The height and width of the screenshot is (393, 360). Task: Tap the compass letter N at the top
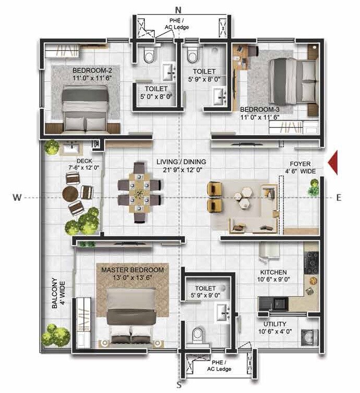point(178,10)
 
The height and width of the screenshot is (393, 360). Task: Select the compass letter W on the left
point(17,197)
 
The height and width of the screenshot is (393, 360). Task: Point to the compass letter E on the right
point(339,197)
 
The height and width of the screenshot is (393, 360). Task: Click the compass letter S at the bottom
point(179,385)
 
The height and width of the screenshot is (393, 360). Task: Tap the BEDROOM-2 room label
point(89,70)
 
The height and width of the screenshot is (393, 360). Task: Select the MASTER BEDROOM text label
point(132,270)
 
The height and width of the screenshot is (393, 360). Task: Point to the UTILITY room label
point(275,324)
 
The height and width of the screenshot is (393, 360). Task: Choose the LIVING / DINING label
point(181,162)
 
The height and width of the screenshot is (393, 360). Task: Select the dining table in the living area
point(139,192)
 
